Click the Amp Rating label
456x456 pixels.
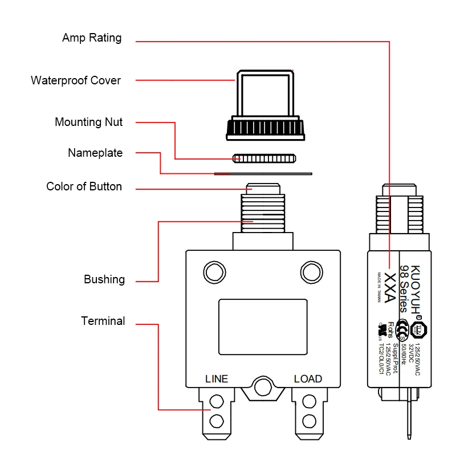92,38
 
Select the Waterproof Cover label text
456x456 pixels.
76,80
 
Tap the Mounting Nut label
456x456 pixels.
88,122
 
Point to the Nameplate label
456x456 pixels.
95,153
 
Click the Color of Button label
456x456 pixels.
84,186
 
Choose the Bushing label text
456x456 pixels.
104,279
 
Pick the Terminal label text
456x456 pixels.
103,321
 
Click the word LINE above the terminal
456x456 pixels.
217,379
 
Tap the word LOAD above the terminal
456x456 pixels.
308,379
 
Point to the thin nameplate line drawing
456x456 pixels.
263,173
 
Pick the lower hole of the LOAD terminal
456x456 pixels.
310,422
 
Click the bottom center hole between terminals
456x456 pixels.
263,388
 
